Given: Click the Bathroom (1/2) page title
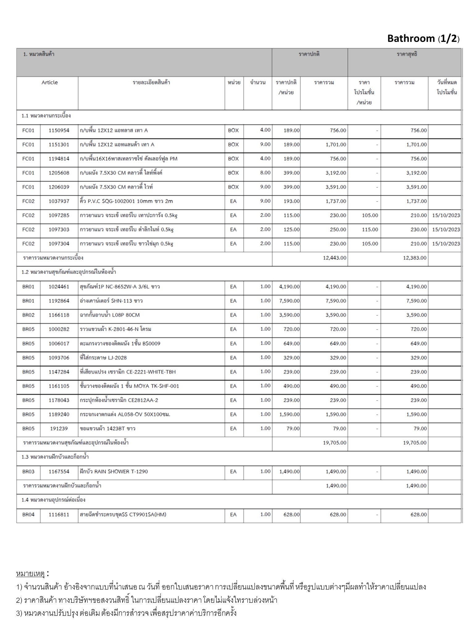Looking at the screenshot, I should pyautogui.click(x=423, y=39).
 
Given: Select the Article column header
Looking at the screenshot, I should pyautogui.click(x=49, y=82).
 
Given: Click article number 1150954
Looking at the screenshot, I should pyautogui.click(x=59, y=130).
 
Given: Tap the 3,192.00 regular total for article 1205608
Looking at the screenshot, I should pyautogui.click(x=336, y=173).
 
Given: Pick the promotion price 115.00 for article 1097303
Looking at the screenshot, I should pyautogui.click(x=370, y=230).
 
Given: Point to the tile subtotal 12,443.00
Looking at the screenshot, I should pyautogui.click(x=335, y=258).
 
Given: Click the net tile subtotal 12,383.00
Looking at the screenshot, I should pyautogui.click(x=415, y=258).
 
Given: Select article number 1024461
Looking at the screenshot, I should pyautogui.click(x=59, y=287).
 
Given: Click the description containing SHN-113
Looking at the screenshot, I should pyautogui.click(x=111, y=301).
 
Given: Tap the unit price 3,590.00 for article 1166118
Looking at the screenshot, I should pyautogui.click(x=289, y=315).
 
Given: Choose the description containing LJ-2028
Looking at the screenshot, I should pyautogui.click(x=103, y=358).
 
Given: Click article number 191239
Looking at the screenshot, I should pyautogui.click(x=59, y=429).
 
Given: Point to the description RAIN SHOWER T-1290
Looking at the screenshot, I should pyautogui.click(x=114, y=472).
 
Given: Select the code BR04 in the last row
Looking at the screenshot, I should pyautogui.click(x=28, y=514).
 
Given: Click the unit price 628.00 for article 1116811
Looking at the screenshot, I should pyautogui.click(x=291, y=514).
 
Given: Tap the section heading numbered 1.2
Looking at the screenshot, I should pyautogui.click(x=69, y=272).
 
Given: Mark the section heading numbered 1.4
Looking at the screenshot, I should pyautogui.click(x=53, y=500).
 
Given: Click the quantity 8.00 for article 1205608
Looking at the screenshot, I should pyautogui.click(x=265, y=173).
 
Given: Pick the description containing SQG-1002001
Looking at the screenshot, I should pyautogui.click(x=126, y=201).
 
